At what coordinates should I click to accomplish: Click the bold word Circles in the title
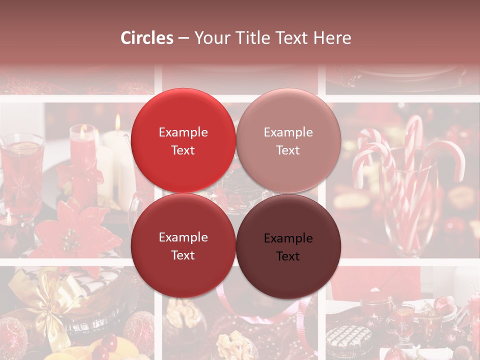tap(147, 38)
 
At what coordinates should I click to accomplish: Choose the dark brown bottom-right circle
tap(288, 246)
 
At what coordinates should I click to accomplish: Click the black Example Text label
tap(288, 247)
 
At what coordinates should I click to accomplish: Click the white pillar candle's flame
tap(118, 122)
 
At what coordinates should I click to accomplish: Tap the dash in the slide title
tap(183, 38)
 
